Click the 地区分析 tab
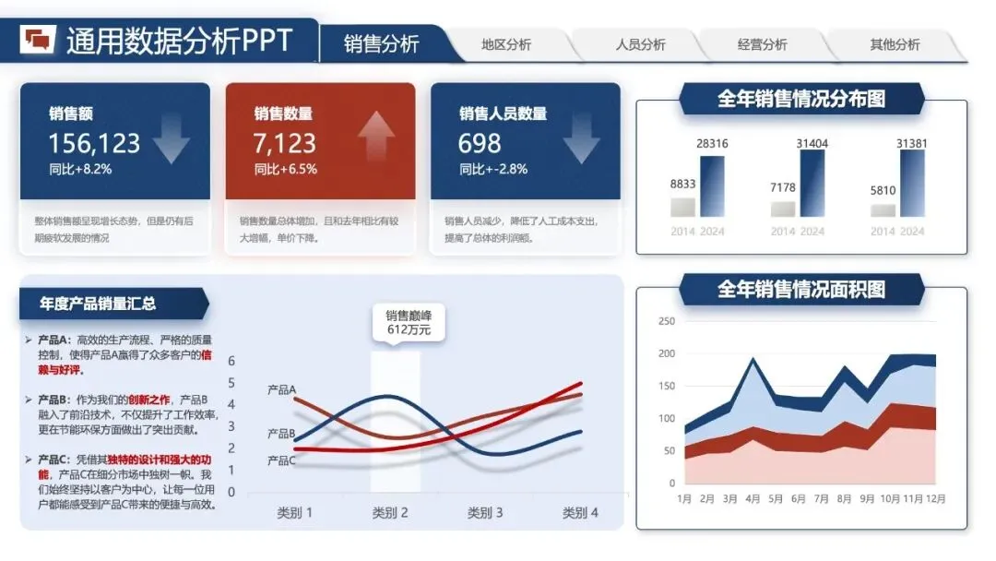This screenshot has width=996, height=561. point(506,44)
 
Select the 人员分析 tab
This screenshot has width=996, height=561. point(641,44)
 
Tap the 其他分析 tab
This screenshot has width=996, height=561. point(895,44)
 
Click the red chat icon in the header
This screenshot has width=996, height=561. point(40,39)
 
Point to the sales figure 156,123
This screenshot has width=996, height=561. point(94,143)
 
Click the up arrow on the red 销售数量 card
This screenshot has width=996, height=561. point(376,137)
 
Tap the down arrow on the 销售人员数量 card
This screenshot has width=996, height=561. point(581,137)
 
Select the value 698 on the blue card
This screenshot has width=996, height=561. point(480,143)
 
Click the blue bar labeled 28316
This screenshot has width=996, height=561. point(712,185)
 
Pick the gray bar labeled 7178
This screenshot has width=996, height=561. point(783,209)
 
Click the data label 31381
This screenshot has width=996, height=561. point(912,143)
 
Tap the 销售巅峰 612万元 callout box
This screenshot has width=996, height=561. point(409,322)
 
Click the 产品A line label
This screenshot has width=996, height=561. point(280,389)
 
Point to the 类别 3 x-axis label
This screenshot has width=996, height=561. point(485,513)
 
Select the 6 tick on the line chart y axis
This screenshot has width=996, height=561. point(231,361)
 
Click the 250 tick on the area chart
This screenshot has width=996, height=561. point(667,321)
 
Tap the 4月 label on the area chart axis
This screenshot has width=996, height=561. point(753,499)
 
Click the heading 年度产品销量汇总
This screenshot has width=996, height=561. point(98,304)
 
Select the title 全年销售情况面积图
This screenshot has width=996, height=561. point(800,290)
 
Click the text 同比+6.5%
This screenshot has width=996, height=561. point(286,169)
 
